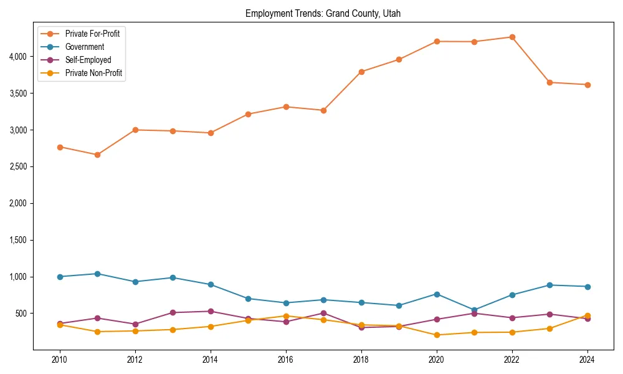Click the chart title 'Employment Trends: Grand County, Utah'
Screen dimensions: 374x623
pyautogui.click(x=327, y=13)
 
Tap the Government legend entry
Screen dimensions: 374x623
pyautogui.click(x=84, y=47)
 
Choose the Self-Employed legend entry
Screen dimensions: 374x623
pyautogui.click(x=88, y=60)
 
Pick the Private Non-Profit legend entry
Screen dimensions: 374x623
pyautogui.click(x=93, y=73)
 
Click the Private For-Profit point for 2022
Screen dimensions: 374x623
pyautogui.click(x=512, y=37)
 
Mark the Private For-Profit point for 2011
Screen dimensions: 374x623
pyautogui.click(x=97, y=155)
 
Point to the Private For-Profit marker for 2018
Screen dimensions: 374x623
pyautogui.click(x=361, y=72)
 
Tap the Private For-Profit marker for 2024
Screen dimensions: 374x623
pyautogui.click(x=587, y=85)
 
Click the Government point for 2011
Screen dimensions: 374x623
pyautogui.click(x=97, y=274)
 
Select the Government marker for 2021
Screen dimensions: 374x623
pyautogui.click(x=474, y=310)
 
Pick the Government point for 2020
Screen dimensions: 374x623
pyautogui.click(x=437, y=294)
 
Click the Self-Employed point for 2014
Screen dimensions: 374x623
pyautogui.click(x=211, y=311)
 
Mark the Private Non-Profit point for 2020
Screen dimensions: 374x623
pyautogui.click(x=437, y=335)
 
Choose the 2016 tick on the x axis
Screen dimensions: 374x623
pyautogui.click(x=286, y=360)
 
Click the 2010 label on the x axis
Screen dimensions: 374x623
pyautogui.click(x=60, y=360)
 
